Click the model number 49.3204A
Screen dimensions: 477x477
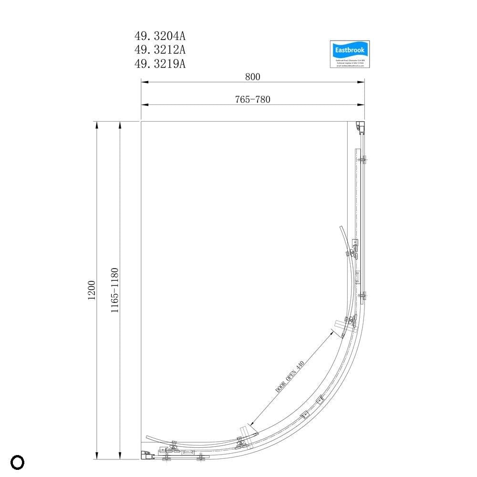click(x=160, y=36)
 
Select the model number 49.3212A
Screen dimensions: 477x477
click(x=160, y=50)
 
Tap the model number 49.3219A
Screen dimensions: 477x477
click(x=160, y=63)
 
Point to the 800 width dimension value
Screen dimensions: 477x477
click(x=252, y=76)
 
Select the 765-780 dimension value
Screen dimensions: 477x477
click(x=252, y=99)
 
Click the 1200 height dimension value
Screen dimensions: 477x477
click(x=92, y=290)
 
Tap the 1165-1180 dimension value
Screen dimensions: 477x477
click(x=114, y=290)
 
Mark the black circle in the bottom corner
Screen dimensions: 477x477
click(x=17, y=462)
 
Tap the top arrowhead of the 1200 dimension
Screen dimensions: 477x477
click(x=97, y=125)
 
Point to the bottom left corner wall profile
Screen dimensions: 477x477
click(x=145, y=456)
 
